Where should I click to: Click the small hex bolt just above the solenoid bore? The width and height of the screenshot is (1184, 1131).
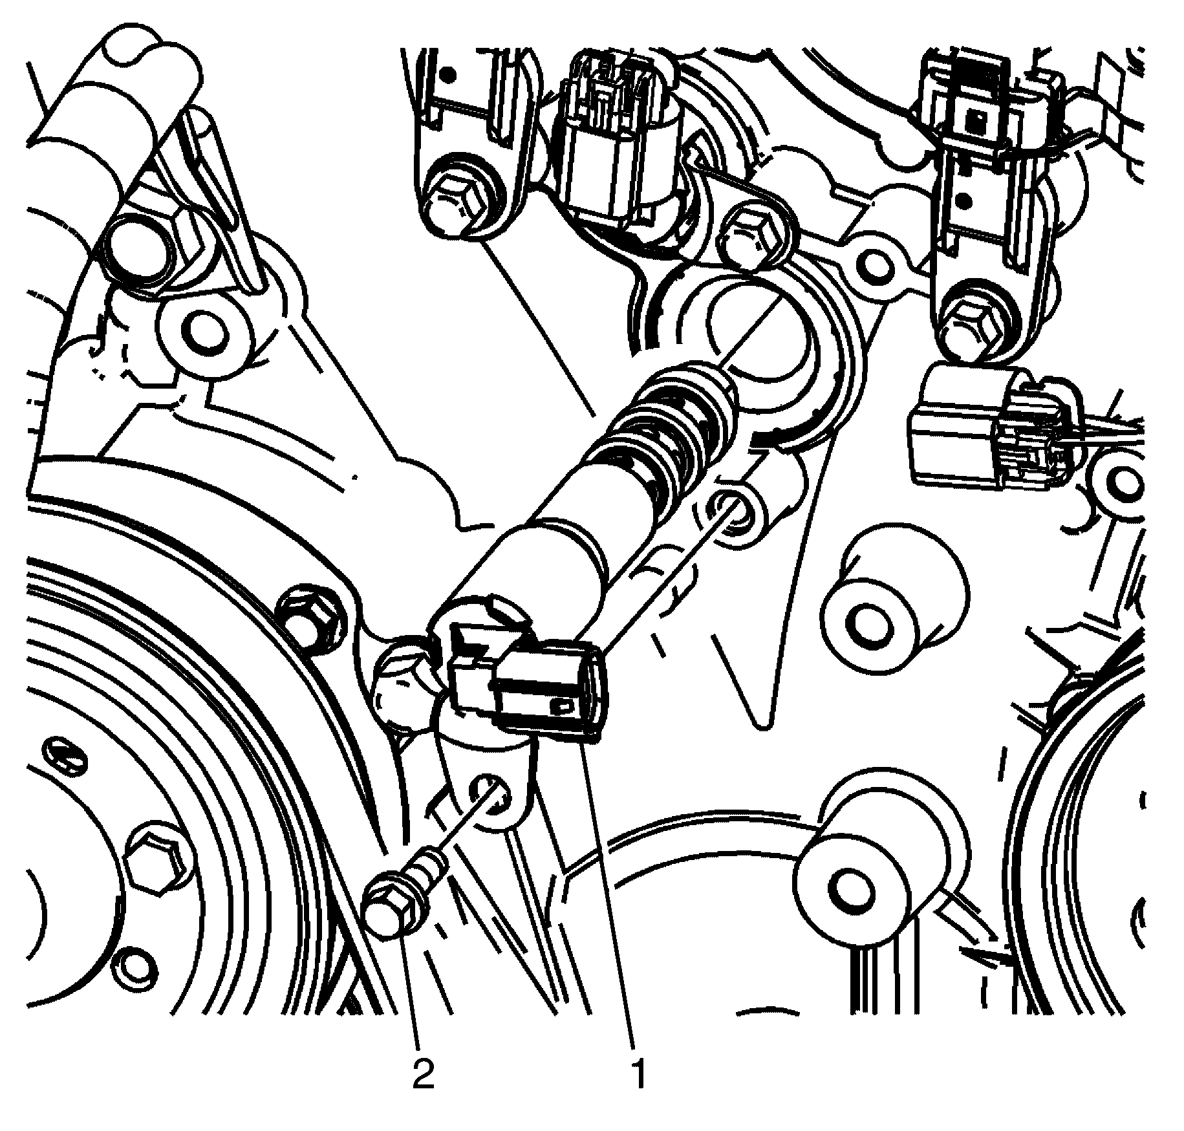click(x=750, y=235)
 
